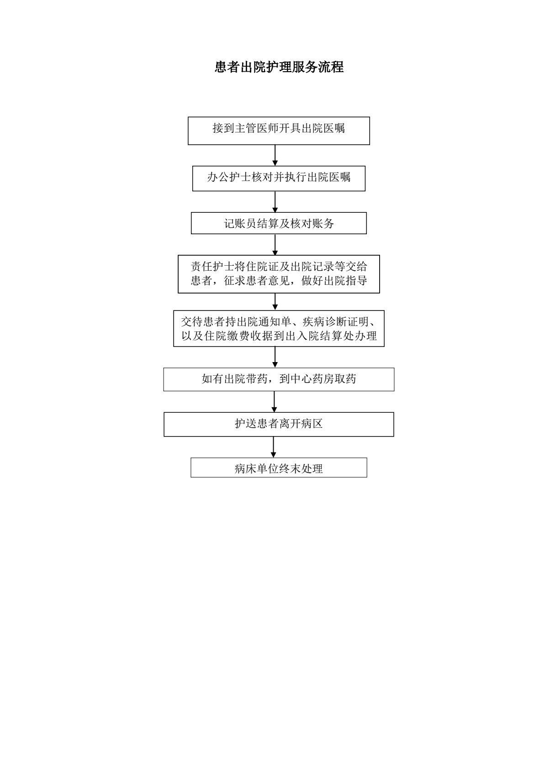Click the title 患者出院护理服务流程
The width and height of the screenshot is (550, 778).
click(279, 67)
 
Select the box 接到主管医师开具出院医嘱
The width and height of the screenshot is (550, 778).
click(279, 131)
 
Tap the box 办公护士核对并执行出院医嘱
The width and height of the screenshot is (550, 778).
click(279, 179)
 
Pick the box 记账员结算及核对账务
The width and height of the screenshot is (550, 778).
click(279, 223)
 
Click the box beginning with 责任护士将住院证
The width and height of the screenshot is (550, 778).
click(279, 274)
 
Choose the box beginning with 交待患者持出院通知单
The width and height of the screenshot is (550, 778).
click(279, 329)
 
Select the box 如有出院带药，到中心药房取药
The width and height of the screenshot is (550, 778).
click(279, 379)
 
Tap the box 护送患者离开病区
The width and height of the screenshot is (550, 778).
click(279, 425)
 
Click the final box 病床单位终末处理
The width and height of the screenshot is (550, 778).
click(279, 468)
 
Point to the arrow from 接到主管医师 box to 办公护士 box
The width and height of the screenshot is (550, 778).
click(275, 155)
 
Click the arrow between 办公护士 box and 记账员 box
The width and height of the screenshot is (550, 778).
click(275, 202)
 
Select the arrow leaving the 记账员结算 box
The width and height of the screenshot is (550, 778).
click(275, 245)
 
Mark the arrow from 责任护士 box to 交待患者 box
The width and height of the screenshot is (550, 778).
click(275, 302)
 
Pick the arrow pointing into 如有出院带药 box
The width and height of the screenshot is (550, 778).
click(275, 357)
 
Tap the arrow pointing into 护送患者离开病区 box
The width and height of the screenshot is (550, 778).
click(274, 402)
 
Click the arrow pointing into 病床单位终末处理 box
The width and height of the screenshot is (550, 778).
click(274, 447)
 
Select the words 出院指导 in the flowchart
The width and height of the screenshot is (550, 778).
click(345, 280)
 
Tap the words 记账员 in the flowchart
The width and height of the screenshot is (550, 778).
click(240, 223)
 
